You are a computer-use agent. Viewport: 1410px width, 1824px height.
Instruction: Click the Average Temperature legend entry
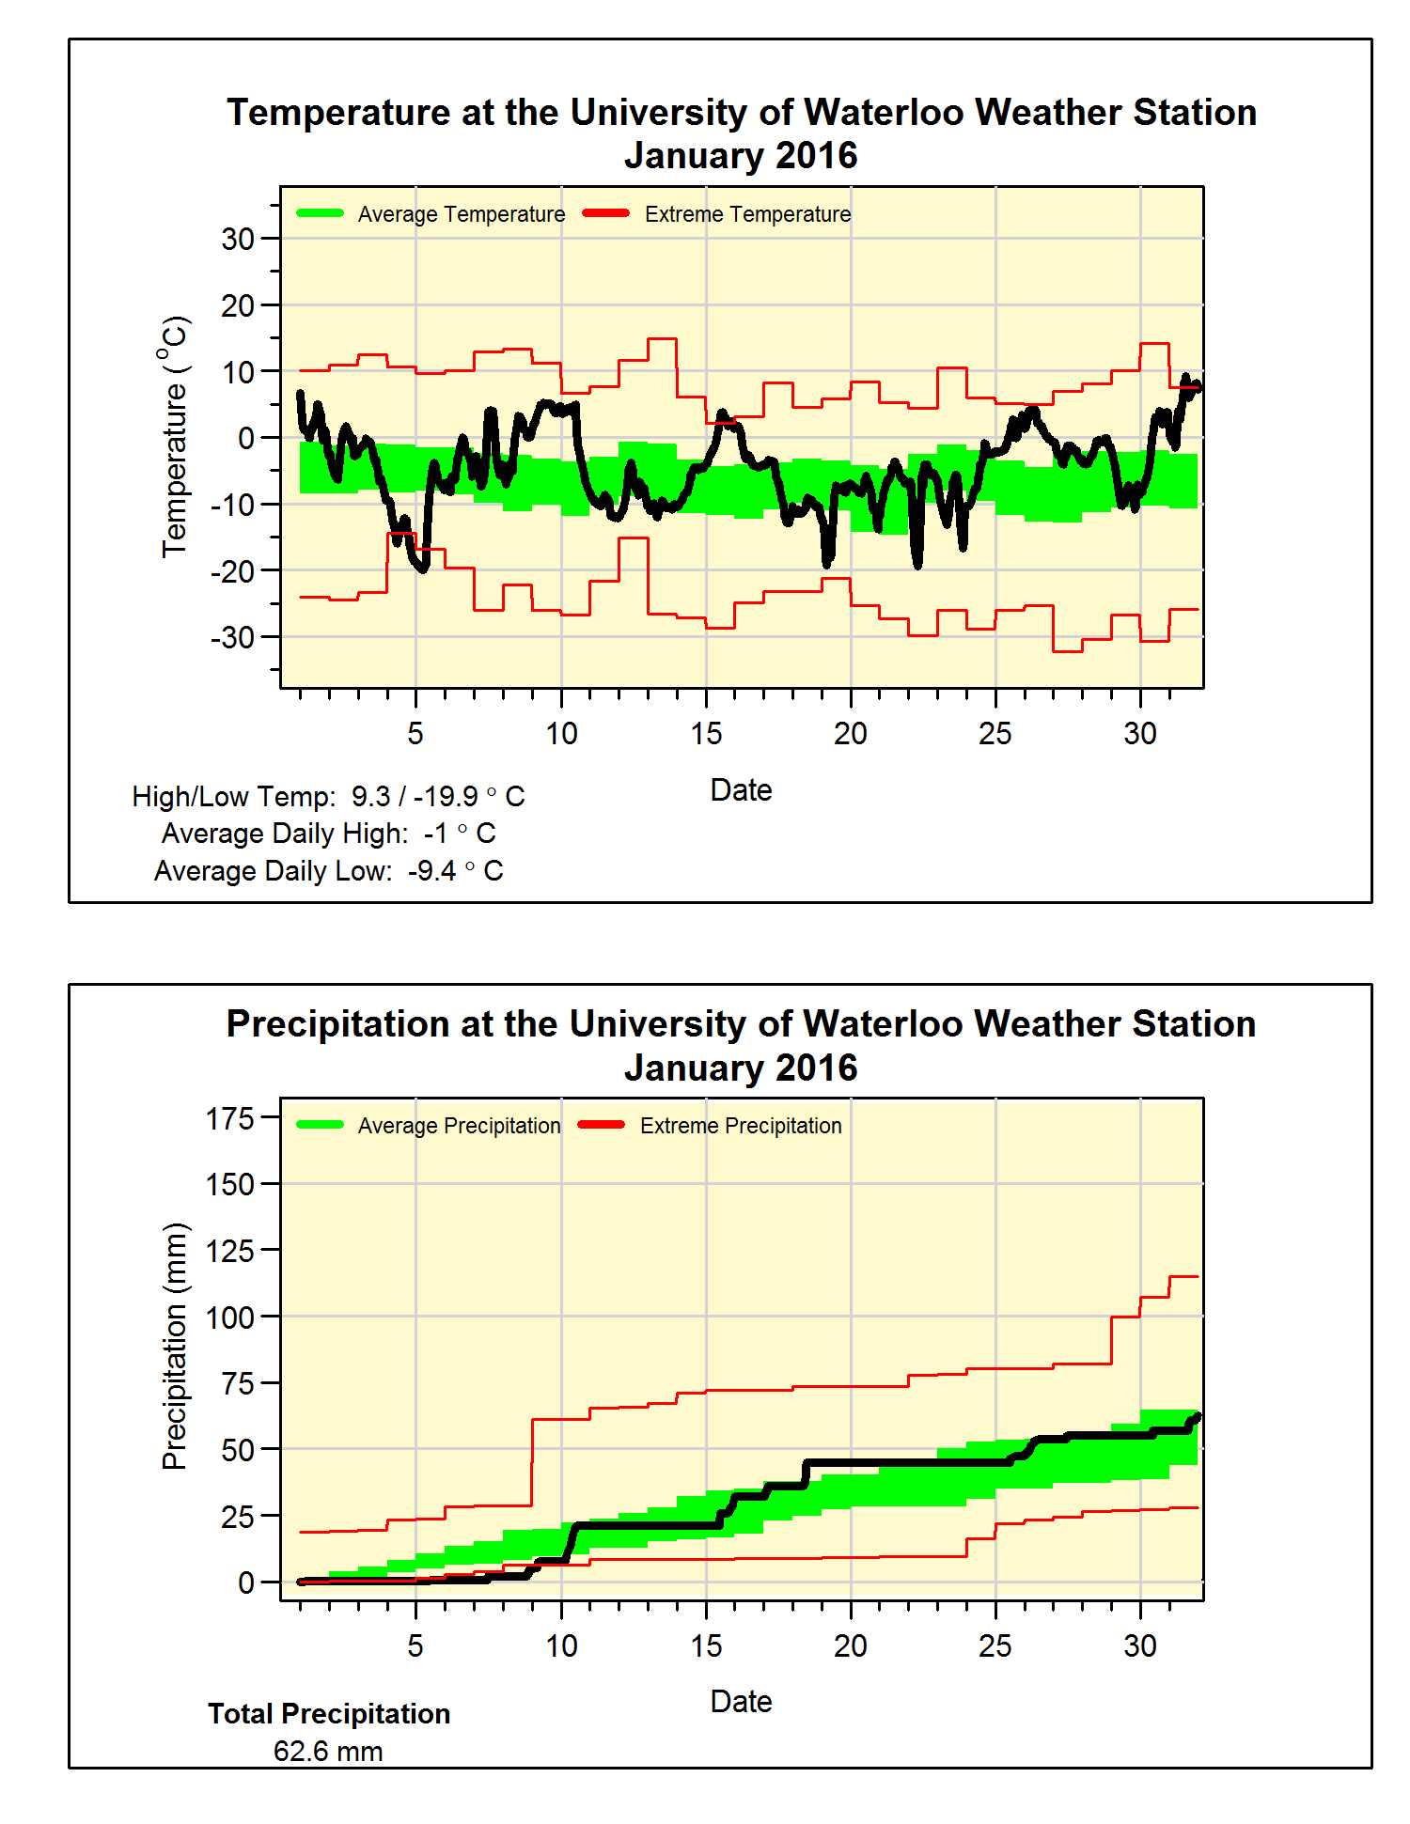[461, 214]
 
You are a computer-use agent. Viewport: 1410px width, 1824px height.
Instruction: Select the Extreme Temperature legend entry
[746, 214]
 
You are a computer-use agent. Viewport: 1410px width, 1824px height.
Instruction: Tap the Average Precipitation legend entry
[458, 1126]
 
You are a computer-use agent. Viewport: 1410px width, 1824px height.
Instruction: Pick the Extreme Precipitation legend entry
[740, 1126]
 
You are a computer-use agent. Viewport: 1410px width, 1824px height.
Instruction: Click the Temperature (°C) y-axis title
[175, 437]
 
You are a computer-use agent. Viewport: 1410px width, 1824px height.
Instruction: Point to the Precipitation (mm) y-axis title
[175, 1346]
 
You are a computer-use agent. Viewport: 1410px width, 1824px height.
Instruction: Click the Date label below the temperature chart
[741, 790]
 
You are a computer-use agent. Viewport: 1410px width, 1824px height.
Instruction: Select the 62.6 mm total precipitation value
[328, 1752]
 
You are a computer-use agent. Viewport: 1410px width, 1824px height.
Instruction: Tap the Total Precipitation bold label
[329, 1714]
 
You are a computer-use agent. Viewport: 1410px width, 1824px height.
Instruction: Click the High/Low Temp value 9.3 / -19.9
[415, 797]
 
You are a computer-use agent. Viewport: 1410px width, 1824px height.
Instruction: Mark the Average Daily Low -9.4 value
[432, 871]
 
